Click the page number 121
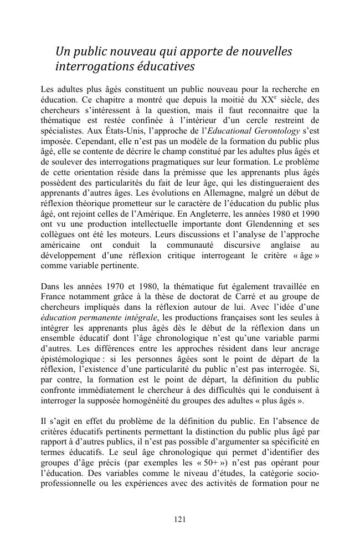coord(179,519)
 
